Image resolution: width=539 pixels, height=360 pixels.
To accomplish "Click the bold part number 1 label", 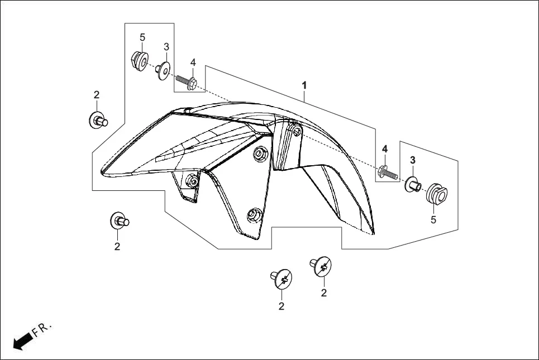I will coord(304,85).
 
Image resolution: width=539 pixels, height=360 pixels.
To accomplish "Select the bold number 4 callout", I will coord(385,149).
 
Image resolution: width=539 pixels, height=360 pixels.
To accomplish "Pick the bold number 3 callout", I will coord(413,160).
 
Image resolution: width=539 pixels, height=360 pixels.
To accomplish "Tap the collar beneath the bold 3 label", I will coord(413,184).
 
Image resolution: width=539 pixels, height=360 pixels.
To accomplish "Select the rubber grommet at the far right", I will coord(437,194).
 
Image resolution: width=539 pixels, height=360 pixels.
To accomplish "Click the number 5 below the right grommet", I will coord(433,220).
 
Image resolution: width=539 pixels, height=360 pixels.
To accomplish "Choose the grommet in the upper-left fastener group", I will coord(139,59).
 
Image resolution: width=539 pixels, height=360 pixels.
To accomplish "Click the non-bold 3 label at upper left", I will coord(166,46).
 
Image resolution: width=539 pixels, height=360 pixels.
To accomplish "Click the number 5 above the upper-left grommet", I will coord(142,37).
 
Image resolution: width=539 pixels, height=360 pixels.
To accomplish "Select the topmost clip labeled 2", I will coord(98,119).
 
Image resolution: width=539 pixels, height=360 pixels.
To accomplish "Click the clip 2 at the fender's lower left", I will coord(120,221).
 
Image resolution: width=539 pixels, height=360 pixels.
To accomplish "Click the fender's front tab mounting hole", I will coord(191,181).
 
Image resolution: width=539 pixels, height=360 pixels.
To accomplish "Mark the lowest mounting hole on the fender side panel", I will coord(255,214).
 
